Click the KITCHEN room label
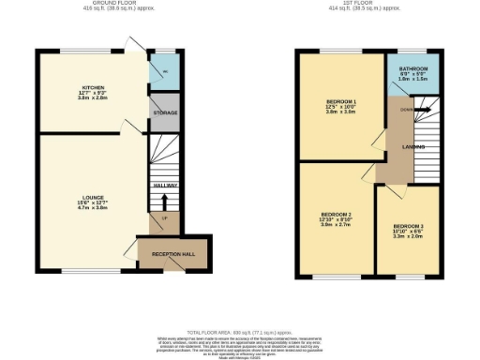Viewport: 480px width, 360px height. [92, 87]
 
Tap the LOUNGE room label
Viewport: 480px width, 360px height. [92, 198]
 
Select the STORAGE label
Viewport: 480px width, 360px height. [165, 112]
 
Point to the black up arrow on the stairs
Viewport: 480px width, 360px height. [165, 200]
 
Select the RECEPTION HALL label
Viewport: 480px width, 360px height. [172, 253]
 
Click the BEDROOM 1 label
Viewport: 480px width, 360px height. [340, 100]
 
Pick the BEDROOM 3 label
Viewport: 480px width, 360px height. [408, 227]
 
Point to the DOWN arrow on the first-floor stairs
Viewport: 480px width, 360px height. [407, 111]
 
